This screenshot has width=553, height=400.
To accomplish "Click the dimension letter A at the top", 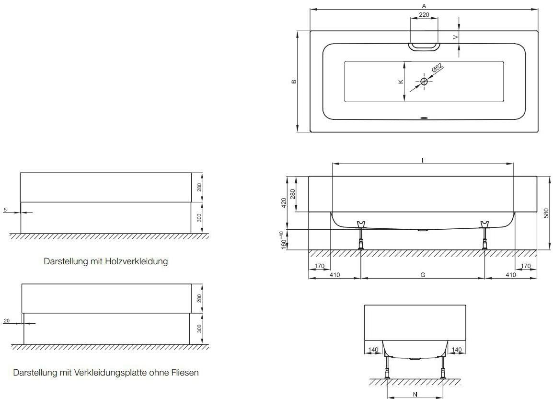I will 424,6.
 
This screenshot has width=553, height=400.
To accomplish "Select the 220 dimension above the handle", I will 424,15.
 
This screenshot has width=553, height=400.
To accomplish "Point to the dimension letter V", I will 456,36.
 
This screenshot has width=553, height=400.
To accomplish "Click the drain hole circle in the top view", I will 424,82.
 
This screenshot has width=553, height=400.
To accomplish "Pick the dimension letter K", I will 401,82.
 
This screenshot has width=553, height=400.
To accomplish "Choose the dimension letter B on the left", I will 294,81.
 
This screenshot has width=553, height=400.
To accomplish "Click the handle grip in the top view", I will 424,46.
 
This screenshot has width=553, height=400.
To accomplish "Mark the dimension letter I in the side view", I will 423,160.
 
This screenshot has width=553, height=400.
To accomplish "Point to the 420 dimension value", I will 284,203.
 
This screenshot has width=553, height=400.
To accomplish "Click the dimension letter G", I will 423,275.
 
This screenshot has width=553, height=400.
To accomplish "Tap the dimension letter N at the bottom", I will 415,394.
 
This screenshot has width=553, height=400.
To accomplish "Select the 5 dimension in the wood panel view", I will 5,209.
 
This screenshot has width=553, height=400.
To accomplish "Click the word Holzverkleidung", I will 140,262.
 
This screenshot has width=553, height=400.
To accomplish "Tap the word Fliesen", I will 184,372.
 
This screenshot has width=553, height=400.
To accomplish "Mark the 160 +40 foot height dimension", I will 284,239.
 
